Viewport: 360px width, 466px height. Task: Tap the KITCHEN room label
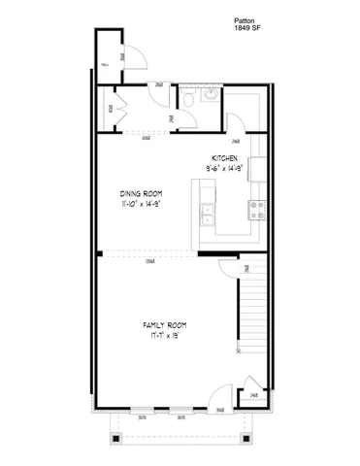pyautogui.click(x=226, y=158)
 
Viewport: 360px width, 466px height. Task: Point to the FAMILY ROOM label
pyautogui.click(x=164, y=325)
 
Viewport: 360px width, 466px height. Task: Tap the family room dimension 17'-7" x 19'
pyautogui.click(x=164, y=336)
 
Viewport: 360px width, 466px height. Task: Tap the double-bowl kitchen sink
pyautogui.click(x=207, y=214)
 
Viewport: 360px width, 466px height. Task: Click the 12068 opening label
pyautogui.click(x=149, y=262)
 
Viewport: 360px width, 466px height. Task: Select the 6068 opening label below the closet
pyautogui.click(x=146, y=138)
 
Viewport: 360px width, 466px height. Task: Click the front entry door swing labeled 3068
pyautogui.click(x=220, y=398)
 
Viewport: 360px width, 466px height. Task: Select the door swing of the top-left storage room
pyautogui.click(x=136, y=58)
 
